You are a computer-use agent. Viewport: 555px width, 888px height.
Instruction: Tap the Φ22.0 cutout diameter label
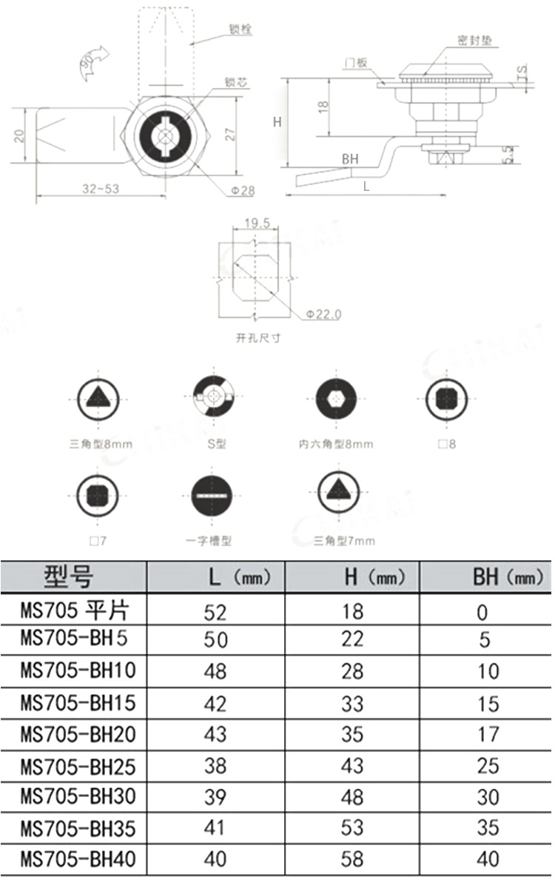(x=323, y=314)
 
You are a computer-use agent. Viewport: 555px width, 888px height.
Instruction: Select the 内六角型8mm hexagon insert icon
(x=336, y=400)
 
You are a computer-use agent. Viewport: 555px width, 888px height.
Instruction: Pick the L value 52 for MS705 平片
(x=215, y=612)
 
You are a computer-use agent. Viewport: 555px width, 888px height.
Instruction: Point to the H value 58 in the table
(x=352, y=860)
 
